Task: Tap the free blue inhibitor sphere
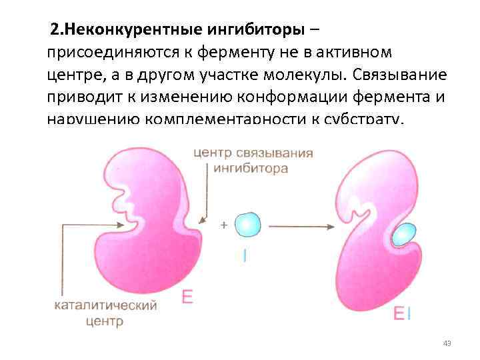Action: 248,225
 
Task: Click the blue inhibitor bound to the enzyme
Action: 403,235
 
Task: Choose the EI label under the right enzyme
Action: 401,314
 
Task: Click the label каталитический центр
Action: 105,313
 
